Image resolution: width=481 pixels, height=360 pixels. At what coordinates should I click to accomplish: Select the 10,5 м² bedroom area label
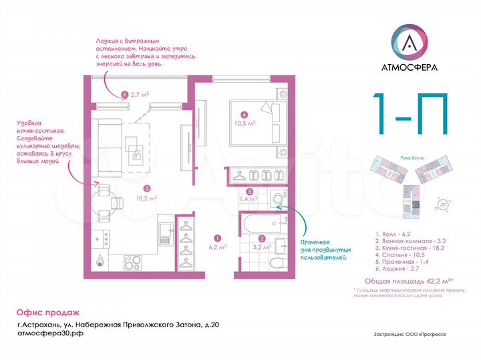click(245, 122)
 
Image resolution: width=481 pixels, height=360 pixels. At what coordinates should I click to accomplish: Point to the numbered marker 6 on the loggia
click(125, 95)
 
